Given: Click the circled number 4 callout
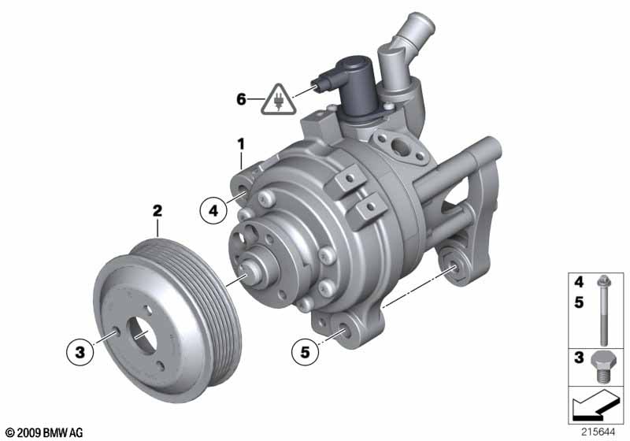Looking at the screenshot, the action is [x=213, y=210].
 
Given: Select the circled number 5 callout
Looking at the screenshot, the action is [x=305, y=352].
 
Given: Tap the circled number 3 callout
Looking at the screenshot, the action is [x=80, y=352].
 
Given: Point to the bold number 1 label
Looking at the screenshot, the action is [x=241, y=144].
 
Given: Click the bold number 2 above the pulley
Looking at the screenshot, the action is [x=157, y=210].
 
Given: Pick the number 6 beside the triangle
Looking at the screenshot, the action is [x=241, y=98].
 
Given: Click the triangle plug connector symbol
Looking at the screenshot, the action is [x=278, y=99].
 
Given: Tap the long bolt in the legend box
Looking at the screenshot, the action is [x=604, y=310].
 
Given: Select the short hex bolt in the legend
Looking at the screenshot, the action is [x=602, y=368].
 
